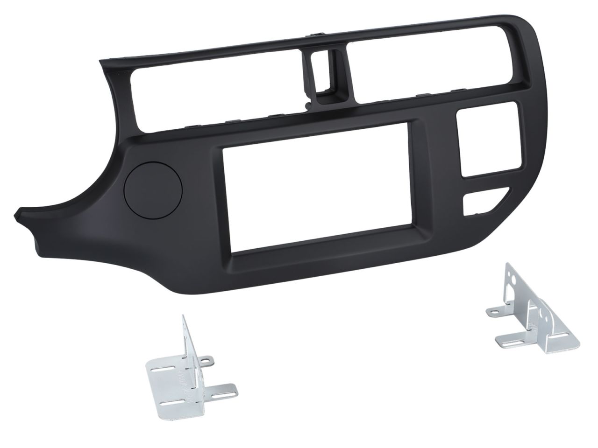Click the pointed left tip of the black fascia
pyautogui.click(x=19, y=214)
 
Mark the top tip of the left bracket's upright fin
pyautogui.click(x=184, y=317)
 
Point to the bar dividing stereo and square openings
pyautogui.click(x=437, y=187)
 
